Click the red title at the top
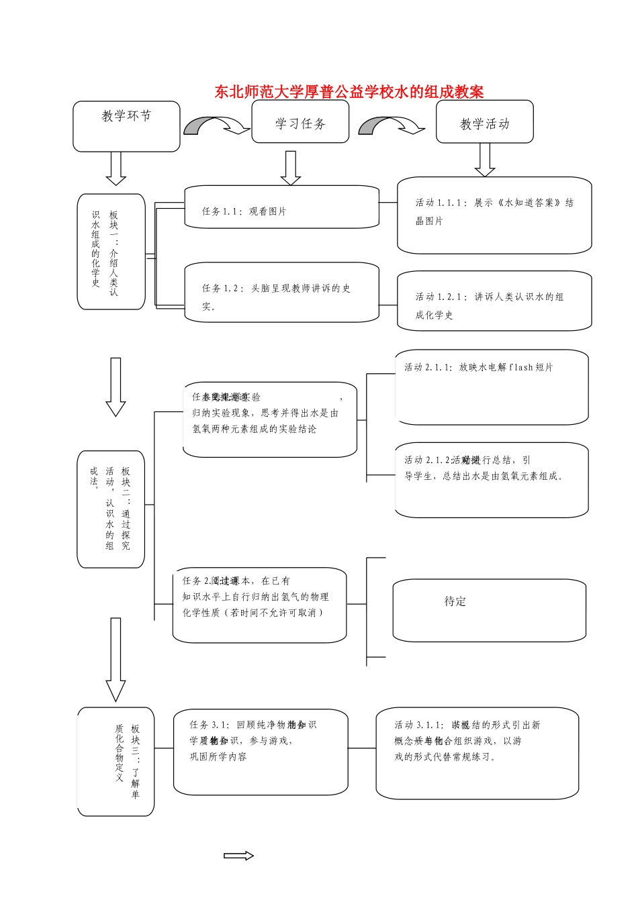click(x=349, y=91)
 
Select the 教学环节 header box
click(x=126, y=126)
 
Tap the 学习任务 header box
click(x=300, y=122)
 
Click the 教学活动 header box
click(x=484, y=122)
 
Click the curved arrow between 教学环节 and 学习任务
click(x=216, y=126)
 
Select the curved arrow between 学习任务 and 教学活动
click(x=391, y=126)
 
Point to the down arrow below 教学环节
click(x=116, y=168)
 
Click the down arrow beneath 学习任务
click(x=290, y=168)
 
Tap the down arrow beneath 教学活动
click(x=484, y=160)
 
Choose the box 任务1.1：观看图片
click(x=281, y=207)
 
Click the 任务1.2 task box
click(x=281, y=293)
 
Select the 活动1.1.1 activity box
click(x=494, y=215)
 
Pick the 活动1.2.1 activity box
click(x=494, y=301)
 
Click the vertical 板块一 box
click(x=111, y=252)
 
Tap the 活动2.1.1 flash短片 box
click(x=492, y=387)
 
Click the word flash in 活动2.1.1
click(x=521, y=367)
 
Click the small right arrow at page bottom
click(x=239, y=856)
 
